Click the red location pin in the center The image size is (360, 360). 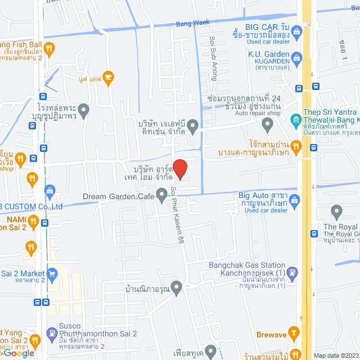(x=179, y=169)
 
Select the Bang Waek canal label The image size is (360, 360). (x=192, y=23)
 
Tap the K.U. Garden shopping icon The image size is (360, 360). (x=297, y=57)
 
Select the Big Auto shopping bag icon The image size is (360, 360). (x=296, y=200)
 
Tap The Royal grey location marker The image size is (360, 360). (x=337, y=212)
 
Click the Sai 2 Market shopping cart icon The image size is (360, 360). (x=52, y=274)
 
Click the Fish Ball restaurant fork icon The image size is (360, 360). (x=49, y=48)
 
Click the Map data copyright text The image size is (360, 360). (x=335, y=355)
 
